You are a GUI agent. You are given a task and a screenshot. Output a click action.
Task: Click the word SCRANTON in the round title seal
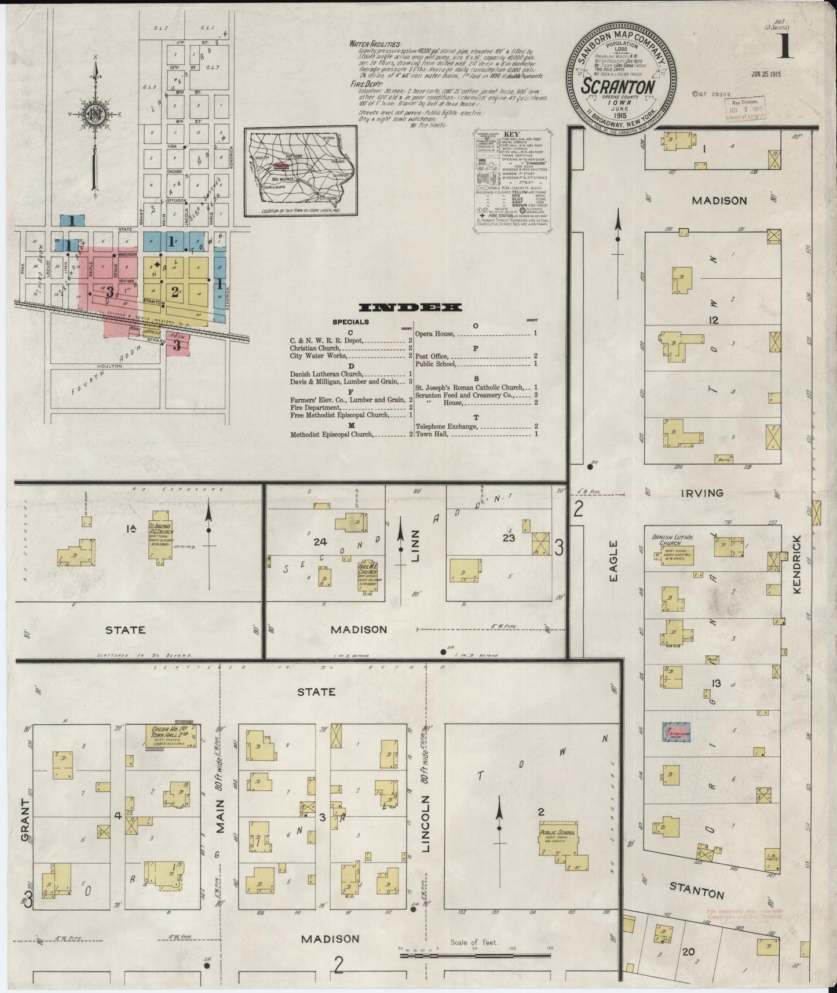coord(618,87)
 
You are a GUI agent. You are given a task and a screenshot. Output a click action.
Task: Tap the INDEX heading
coord(410,307)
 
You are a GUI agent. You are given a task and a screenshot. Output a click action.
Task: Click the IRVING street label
coord(703,493)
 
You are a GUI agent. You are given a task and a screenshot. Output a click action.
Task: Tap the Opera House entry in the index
coord(434,334)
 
